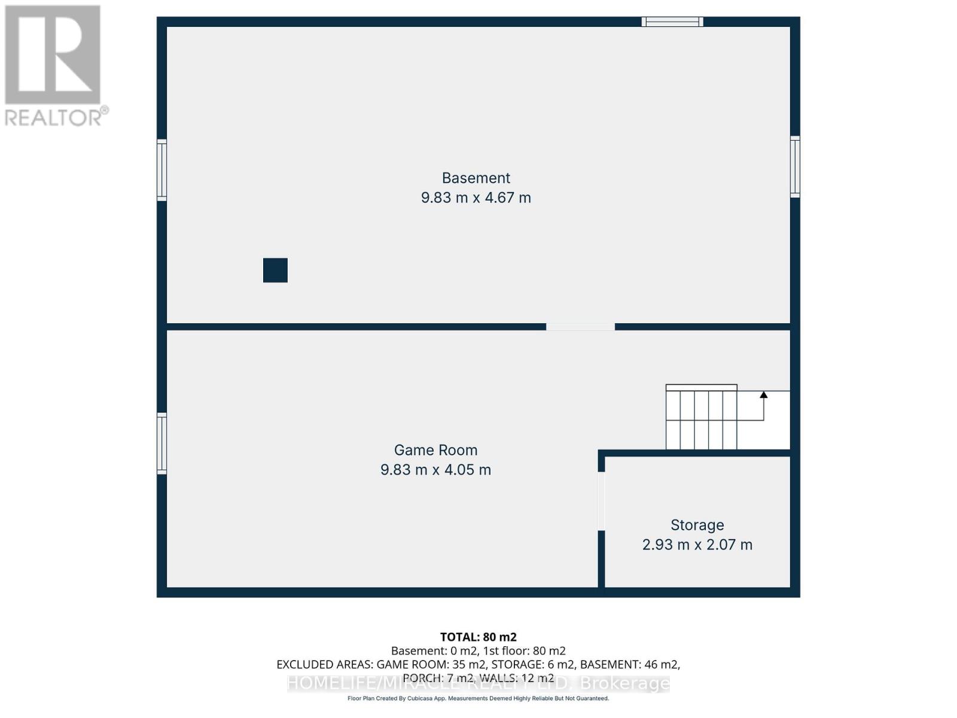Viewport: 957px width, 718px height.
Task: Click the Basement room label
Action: (x=476, y=178)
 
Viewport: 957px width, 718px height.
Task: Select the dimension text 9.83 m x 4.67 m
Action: (x=476, y=197)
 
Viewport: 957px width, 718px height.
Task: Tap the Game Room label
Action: (x=435, y=450)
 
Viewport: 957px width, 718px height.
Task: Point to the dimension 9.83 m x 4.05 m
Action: (x=435, y=470)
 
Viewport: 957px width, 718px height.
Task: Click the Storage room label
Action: (x=697, y=525)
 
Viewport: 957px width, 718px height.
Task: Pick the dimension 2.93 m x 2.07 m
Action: (x=697, y=544)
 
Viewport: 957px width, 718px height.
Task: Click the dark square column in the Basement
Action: (x=275, y=270)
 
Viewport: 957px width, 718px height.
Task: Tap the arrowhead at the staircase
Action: (x=763, y=394)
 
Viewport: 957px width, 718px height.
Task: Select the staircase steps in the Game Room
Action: (x=701, y=419)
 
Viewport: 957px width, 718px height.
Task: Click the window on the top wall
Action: (x=672, y=22)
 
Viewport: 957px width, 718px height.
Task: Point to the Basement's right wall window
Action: (x=795, y=166)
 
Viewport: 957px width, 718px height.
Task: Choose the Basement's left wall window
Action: (x=161, y=170)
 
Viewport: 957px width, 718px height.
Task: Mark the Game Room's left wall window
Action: (x=161, y=443)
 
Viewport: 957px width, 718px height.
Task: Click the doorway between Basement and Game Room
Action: (x=580, y=327)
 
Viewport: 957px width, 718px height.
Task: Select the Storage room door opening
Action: (x=601, y=501)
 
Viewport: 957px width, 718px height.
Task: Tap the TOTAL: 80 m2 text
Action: (x=478, y=637)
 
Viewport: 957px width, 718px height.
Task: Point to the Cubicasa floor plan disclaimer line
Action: (x=478, y=698)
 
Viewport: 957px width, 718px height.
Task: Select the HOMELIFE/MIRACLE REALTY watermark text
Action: (x=478, y=683)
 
